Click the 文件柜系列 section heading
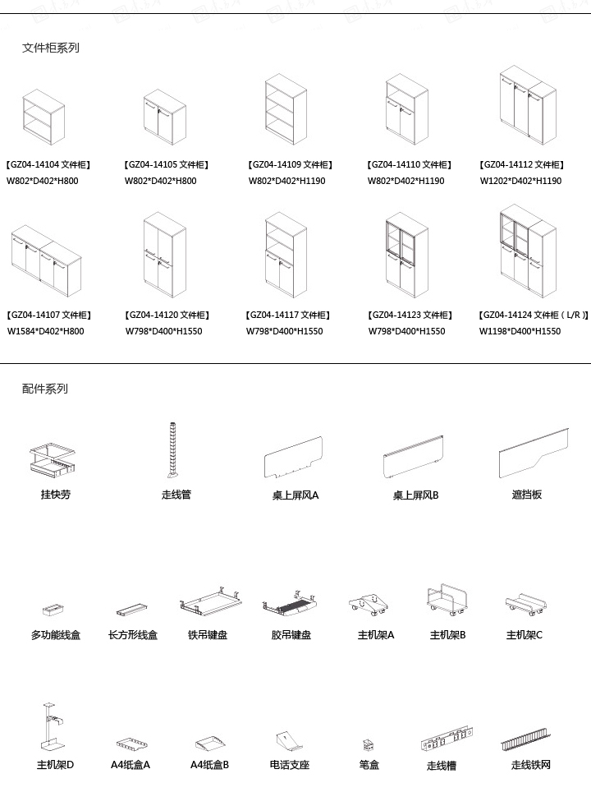pos(50,48)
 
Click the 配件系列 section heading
pos(44,389)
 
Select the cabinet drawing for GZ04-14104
pos(43,118)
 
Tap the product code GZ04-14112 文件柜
pos(521,165)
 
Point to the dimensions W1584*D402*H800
pos(45,331)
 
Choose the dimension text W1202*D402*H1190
pos(520,181)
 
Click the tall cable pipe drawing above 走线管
pos(172,449)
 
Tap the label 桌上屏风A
pos(295,495)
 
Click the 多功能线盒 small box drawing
pos(54,610)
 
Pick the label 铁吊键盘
pos(208,635)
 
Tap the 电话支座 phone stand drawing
pos(289,740)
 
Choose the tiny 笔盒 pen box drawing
pos(369,745)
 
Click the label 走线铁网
pos(530,765)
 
